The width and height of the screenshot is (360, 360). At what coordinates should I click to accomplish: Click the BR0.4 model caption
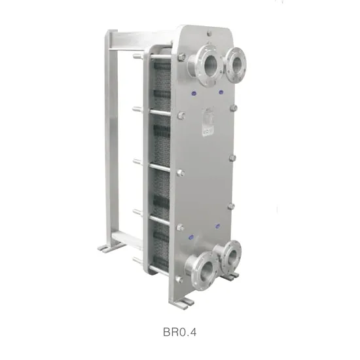(x=179, y=332)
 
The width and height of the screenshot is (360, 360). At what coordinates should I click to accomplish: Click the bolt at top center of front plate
(x=209, y=33)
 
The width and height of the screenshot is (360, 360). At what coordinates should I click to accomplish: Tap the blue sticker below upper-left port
(x=194, y=93)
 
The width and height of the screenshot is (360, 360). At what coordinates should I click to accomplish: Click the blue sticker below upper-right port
(x=221, y=92)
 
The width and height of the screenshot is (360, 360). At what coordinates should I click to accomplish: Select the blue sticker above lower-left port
(x=190, y=237)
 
